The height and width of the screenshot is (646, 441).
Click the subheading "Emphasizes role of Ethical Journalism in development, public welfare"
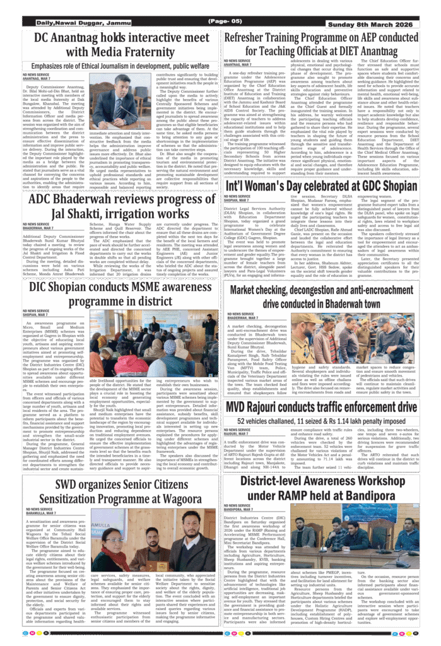point(121,66)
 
